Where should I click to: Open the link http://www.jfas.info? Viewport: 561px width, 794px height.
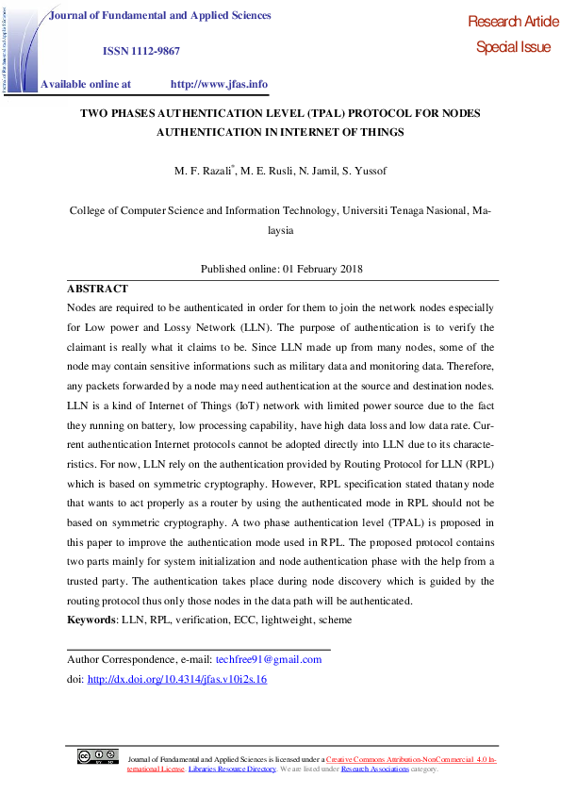(219, 84)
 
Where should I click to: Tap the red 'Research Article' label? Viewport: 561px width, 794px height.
(512, 22)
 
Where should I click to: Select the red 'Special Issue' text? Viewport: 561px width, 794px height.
(513, 47)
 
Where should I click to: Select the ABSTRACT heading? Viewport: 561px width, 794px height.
(97, 289)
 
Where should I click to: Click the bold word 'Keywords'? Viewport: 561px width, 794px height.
(91, 620)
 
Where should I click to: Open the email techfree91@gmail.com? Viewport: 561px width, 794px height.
(269, 659)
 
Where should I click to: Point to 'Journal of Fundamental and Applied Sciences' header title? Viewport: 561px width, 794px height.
(159, 16)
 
